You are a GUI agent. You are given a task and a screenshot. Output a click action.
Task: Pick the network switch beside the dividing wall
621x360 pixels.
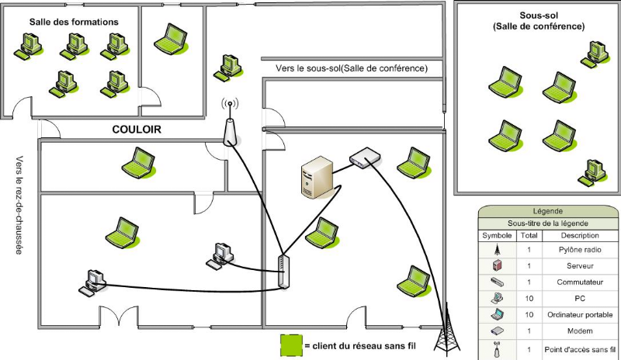tap(283, 272)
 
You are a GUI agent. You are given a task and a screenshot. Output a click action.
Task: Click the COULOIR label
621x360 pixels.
tap(136, 130)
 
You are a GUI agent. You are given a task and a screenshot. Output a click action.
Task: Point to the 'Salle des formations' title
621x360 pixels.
tap(74, 22)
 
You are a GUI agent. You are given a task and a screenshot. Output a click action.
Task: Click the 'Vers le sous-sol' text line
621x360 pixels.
tap(352, 68)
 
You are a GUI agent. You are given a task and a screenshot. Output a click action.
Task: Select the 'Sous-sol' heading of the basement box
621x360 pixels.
tap(539, 16)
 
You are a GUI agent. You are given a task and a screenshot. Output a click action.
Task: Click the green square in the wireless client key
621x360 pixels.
tap(290, 344)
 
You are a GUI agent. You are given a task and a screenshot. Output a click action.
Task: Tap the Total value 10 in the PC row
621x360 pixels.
tap(528, 298)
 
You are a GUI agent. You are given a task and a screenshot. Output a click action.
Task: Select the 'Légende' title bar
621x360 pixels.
tap(548, 211)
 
